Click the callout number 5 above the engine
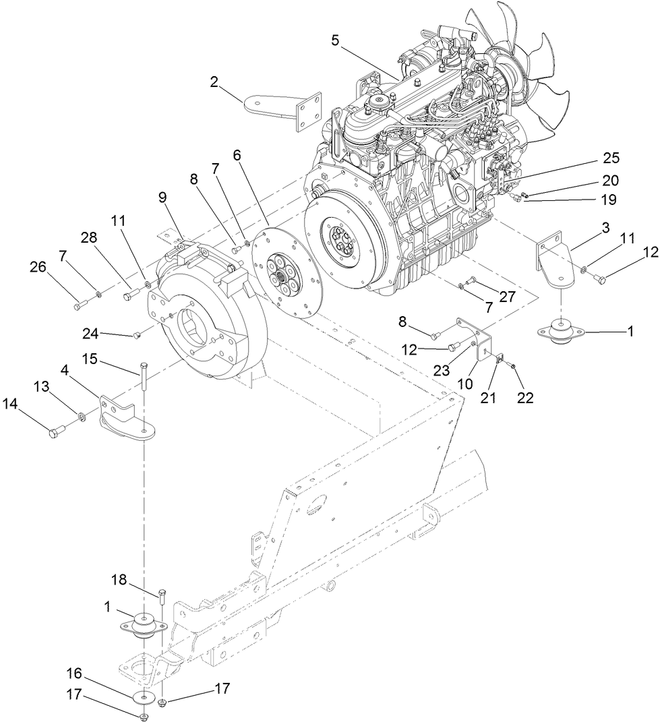pyautogui.click(x=335, y=40)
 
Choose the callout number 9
pyautogui.click(x=162, y=198)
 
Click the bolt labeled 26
pyautogui.click(x=77, y=307)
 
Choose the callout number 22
pyautogui.click(x=524, y=398)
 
